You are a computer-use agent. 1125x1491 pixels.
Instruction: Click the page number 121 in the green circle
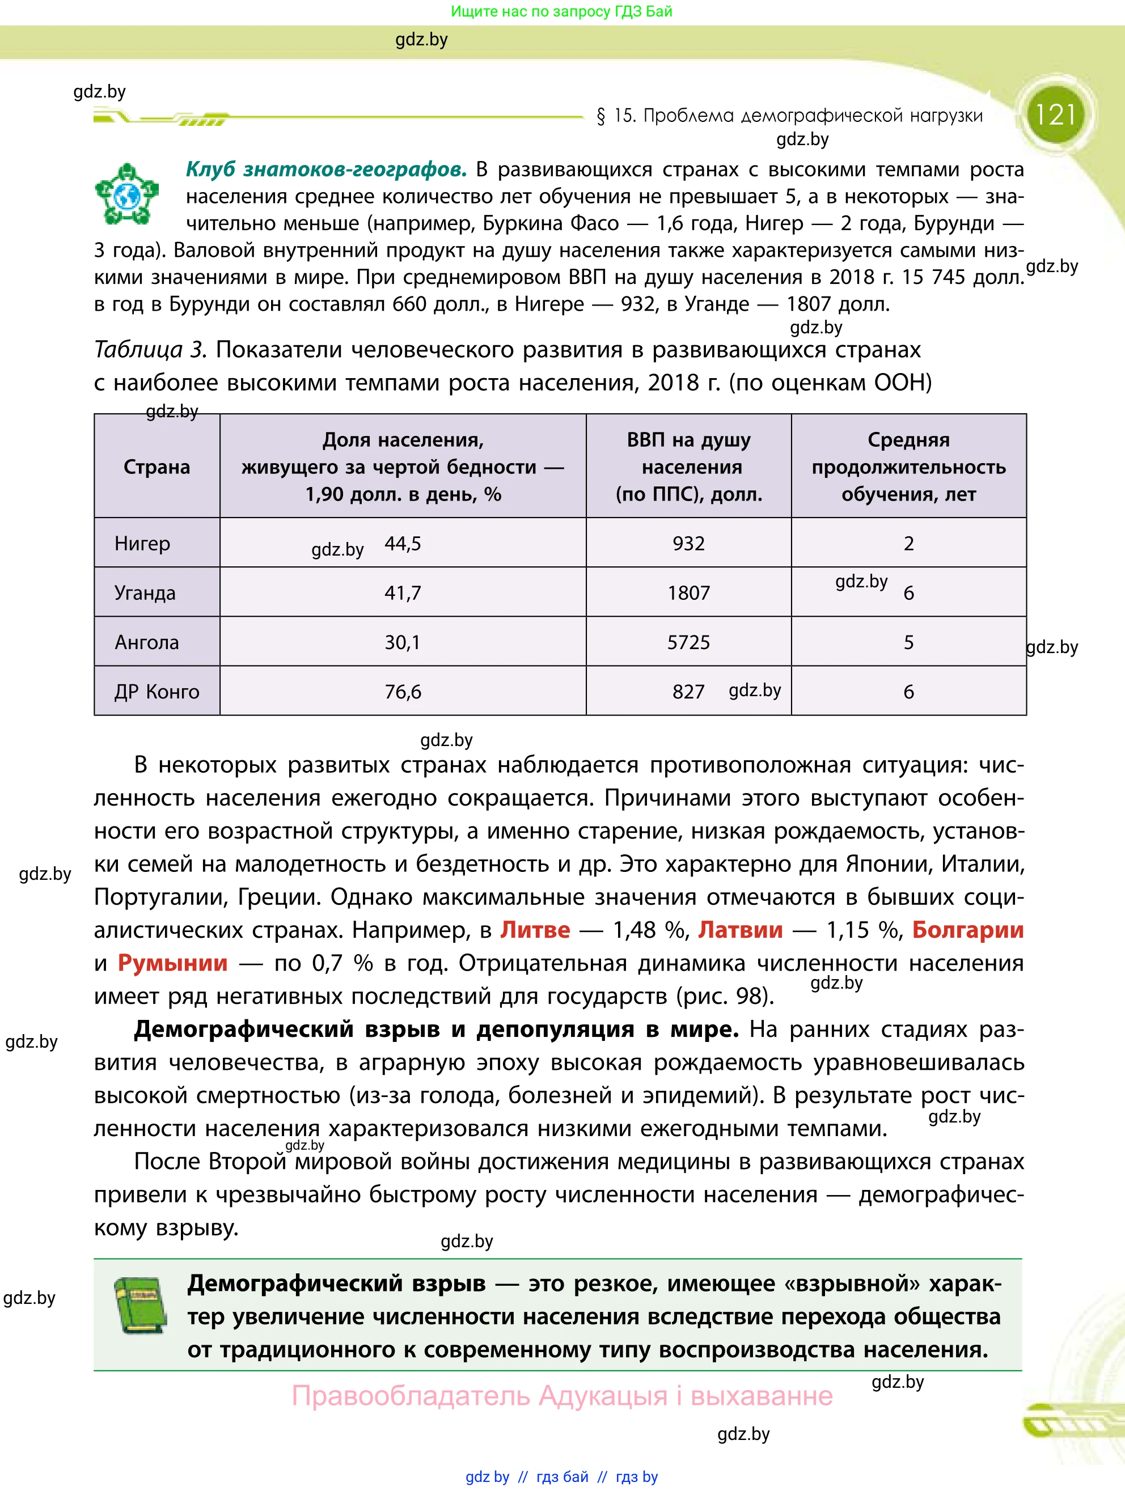[x=1055, y=115]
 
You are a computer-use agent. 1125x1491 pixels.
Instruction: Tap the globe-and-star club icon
[x=126, y=194]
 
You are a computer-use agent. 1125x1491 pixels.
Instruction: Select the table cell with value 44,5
[x=403, y=543]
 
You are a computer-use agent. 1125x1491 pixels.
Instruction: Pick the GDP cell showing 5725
[x=688, y=642]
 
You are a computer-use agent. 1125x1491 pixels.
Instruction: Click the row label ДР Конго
[x=157, y=692]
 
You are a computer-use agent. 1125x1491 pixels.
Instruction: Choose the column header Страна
[x=157, y=467]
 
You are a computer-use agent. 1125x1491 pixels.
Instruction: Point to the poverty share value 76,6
[x=403, y=692]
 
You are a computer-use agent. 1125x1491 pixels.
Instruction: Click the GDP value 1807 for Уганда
[x=688, y=592]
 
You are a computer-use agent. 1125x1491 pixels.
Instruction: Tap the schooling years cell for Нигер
[x=908, y=543]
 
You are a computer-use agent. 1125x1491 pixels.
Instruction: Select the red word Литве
[x=535, y=930]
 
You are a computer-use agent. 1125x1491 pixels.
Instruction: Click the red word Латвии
[x=740, y=930]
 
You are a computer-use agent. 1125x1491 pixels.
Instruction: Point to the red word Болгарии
[x=967, y=930]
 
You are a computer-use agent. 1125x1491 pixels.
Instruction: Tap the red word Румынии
[x=172, y=963]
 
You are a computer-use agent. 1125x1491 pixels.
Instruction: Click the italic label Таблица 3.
[x=150, y=350]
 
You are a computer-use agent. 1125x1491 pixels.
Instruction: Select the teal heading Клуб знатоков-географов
[x=326, y=169]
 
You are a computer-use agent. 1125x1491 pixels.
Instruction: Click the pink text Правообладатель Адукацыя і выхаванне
[x=561, y=1396]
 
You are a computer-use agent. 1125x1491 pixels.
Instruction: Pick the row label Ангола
[x=146, y=642]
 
